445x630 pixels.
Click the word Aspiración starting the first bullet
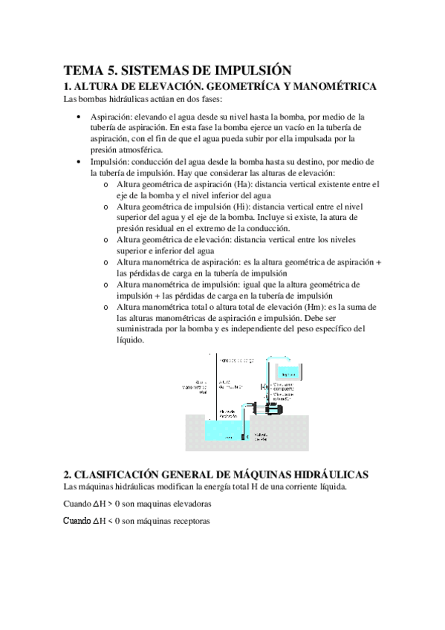pos(111,117)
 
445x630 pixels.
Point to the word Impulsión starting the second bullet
pos(110,162)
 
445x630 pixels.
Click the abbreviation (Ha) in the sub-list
pos(256,183)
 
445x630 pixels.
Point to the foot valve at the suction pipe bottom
pos(245,437)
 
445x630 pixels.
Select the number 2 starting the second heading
pos(67,475)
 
